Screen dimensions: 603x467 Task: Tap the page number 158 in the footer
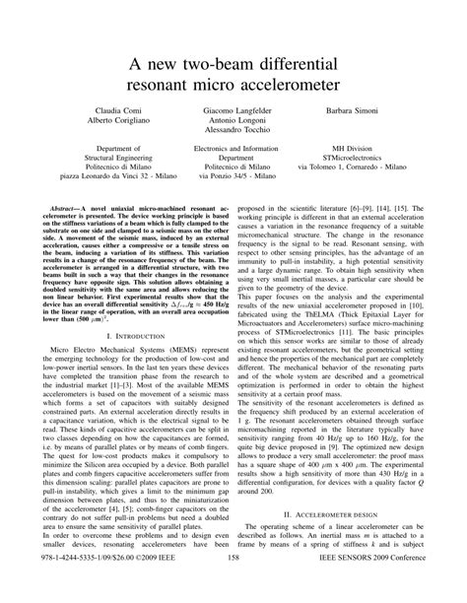click(x=233, y=587)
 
